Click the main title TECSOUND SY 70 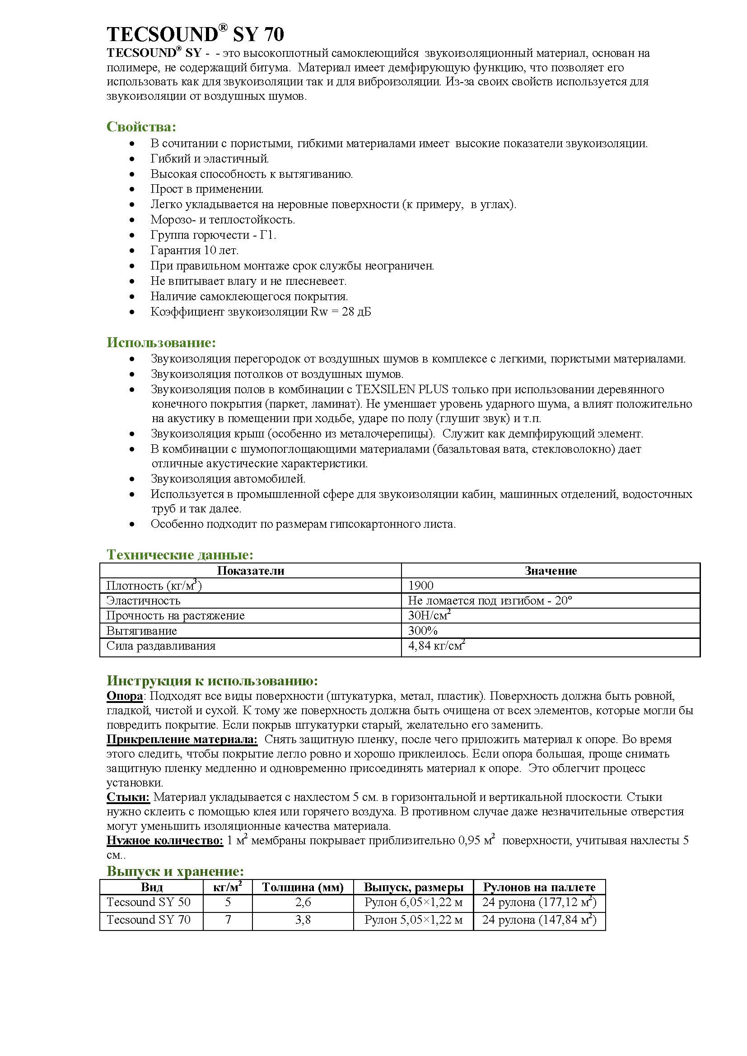point(196,34)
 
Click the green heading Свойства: point(141,126)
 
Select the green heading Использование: point(161,343)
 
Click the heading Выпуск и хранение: point(175,871)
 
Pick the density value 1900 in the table point(421,586)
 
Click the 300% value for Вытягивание point(423,631)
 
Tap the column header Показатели point(251,571)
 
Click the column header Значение point(551,571)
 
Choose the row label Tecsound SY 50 point(149,902)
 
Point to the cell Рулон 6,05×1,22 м point(413,902)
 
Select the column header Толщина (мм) point(303,887)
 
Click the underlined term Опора point(124,696)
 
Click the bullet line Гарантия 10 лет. point(194,250)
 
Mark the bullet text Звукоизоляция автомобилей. point(228,479)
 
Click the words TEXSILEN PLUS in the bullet point(402,389)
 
